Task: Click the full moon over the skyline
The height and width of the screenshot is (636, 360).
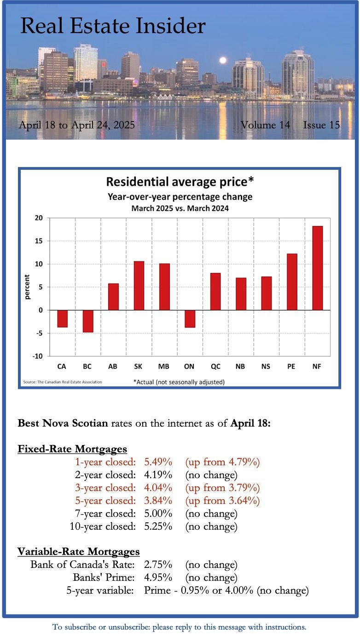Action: pos(223,60)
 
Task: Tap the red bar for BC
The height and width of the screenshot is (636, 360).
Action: pos(88,321)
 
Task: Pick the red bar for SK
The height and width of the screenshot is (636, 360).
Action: pos(139,285)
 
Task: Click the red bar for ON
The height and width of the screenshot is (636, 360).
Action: pos(190,318)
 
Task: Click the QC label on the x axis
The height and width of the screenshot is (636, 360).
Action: pos(215,366)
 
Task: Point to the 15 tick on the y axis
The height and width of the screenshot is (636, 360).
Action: pos(39,241)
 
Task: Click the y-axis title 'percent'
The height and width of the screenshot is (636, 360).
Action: pos(27,287)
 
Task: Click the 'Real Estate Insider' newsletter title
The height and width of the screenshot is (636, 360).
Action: pos(113,26)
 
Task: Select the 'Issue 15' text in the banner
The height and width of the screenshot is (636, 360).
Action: pos(321,125)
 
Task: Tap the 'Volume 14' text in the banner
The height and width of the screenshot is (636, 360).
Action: pos(265,125)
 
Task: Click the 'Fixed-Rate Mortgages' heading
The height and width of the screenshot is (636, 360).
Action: pos(72,449)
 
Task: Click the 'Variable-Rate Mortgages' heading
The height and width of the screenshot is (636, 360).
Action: pos(79,551)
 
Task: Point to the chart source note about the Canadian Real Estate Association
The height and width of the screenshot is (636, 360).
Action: pos(63,382)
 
